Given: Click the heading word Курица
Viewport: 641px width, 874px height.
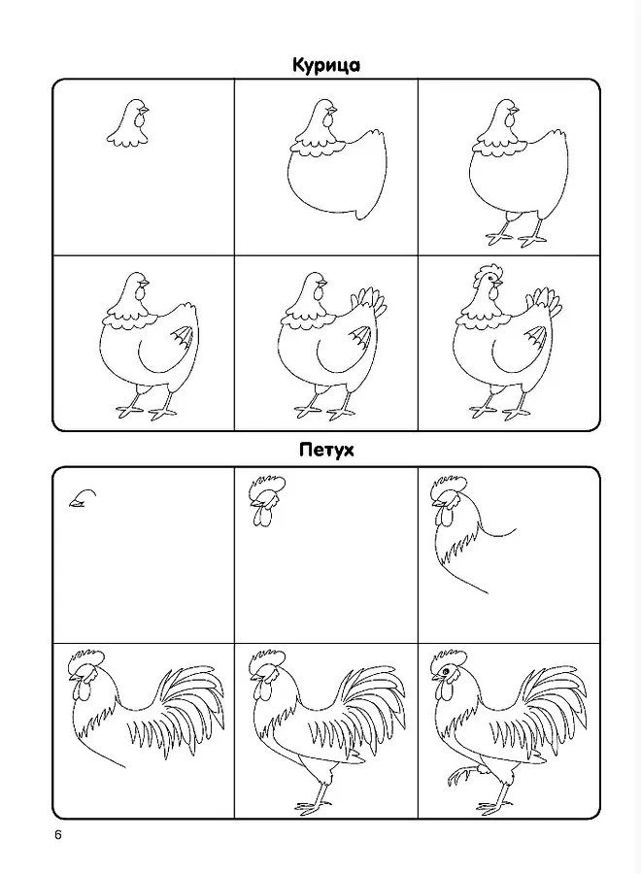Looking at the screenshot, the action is pyautogui.click(x=326, y=66).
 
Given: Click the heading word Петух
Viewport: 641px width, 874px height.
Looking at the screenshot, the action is pyautogui.click(x=326, y=450).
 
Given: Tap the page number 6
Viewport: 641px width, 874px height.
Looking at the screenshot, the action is pyautogui.click(x=58, y=835).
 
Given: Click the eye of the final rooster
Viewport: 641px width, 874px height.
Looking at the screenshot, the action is pyautogui.click(x=447, y=673).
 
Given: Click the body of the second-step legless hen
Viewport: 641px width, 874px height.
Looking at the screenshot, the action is pyautogui.click(x=337, y=179).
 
